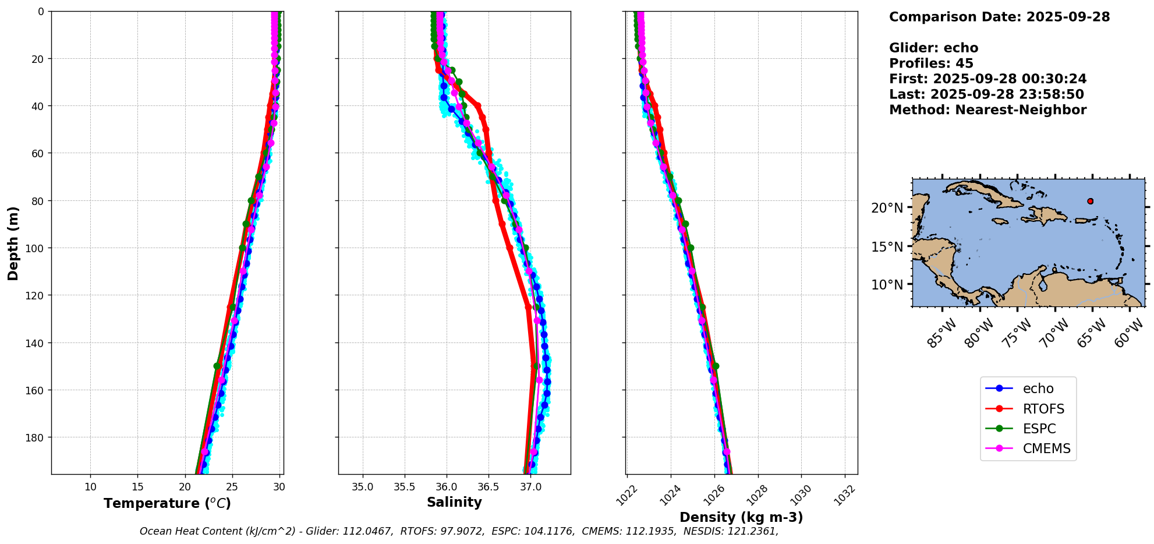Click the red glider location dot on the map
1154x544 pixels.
point(1090,201)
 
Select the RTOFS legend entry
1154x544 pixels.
point(1043,409)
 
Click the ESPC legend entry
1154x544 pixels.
point(1039,429)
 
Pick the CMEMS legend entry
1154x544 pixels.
point(1046,448)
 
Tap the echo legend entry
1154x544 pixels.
point(1038,388)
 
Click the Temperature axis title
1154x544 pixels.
point(167,503)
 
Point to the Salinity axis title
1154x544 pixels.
point(454,502)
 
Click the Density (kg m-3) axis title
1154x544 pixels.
point(741,517)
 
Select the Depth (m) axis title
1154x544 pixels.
point(13,243)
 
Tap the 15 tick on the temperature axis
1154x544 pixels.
point(137,487)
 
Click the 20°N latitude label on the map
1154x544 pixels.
point(887,208)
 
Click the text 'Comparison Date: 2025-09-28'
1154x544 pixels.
point(999,17)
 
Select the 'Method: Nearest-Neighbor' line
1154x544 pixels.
point(987,110)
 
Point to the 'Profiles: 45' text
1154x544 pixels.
point(931,63)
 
